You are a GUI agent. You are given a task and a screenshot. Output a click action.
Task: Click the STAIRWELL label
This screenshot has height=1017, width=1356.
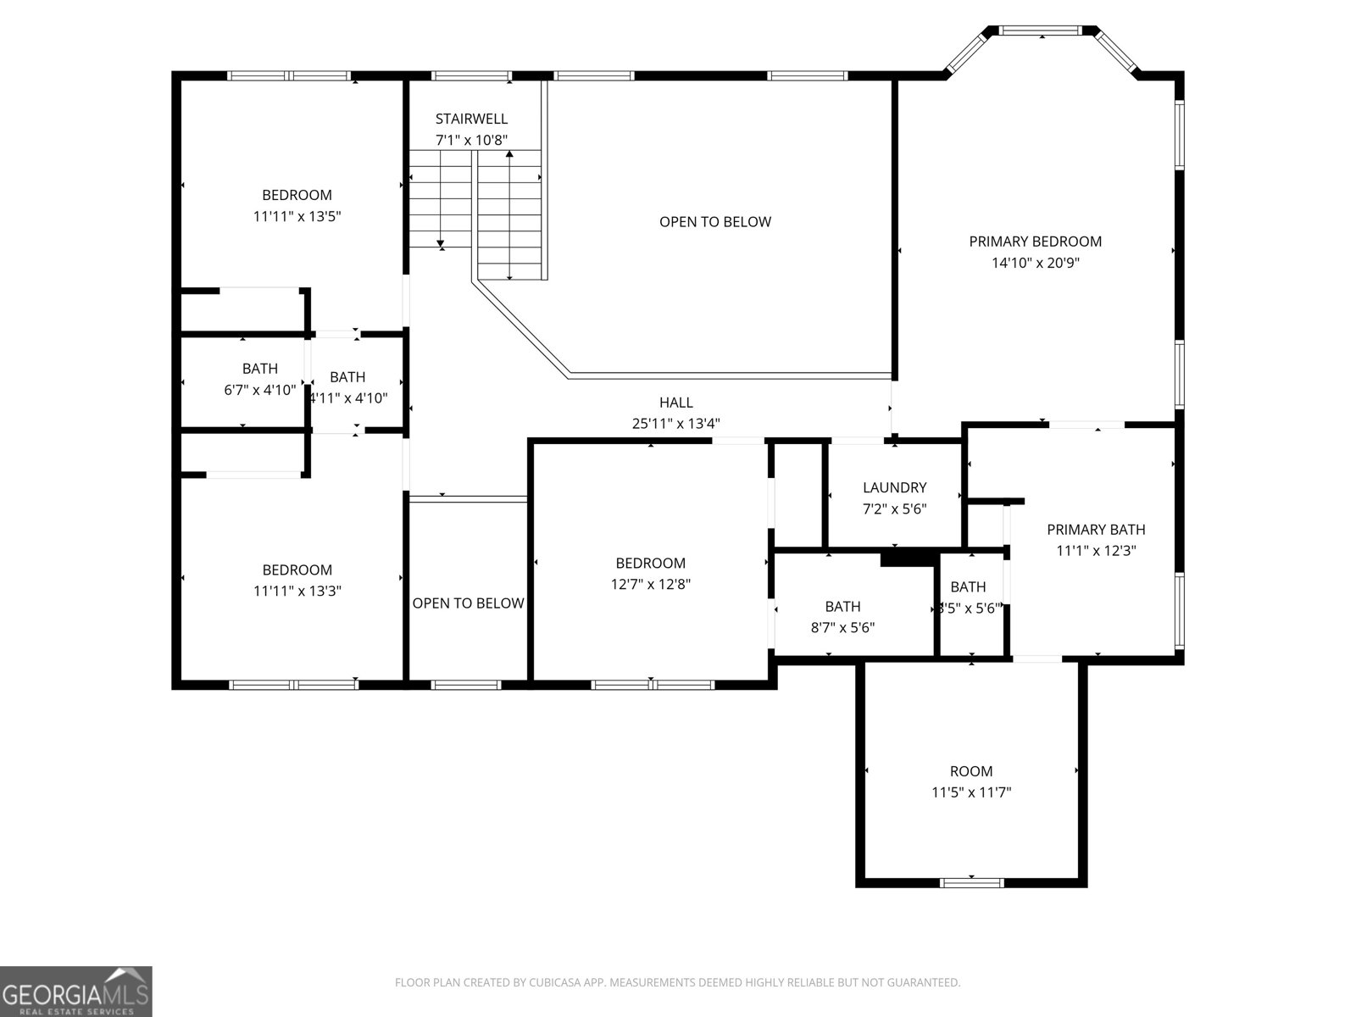(x=471, y=119)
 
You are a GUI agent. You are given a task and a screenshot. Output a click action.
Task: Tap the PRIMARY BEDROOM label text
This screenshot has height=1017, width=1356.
(x=1035, y=242)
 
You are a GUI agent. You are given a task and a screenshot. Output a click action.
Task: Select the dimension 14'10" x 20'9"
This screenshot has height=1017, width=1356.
(x=1035, y=263)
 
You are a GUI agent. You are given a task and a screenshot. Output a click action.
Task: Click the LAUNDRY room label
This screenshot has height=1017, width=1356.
(x=894, y=487)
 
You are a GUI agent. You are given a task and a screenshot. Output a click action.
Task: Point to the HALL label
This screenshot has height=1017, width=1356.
(x=675, y=403)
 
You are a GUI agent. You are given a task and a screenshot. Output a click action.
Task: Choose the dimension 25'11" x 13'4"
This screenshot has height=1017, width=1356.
(x=675, y=424)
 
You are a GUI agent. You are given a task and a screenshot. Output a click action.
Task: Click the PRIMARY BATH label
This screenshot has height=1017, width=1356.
(x=1096, y=530)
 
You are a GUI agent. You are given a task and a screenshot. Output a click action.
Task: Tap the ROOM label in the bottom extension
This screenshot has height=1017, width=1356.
(x=970, y=771)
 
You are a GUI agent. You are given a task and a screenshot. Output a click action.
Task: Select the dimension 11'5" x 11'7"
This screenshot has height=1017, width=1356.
(x=970, y=792)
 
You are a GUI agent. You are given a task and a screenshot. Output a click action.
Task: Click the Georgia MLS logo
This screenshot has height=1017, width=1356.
(x=76, y=991)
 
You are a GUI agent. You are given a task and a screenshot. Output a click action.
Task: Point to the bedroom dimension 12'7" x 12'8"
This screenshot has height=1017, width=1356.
(x=650, y=584)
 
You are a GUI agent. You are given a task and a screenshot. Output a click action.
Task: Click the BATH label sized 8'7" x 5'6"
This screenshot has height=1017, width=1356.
(x=842, y=606)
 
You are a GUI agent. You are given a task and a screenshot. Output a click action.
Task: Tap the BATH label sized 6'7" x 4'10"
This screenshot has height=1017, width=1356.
(x=259, y=369)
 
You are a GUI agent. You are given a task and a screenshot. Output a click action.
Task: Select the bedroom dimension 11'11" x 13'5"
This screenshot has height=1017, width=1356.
(x=297, y=216)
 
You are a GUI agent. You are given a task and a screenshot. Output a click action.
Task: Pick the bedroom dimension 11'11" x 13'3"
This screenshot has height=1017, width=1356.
(x=297, y=591)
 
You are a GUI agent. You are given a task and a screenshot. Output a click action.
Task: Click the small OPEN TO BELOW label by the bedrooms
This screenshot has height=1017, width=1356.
(x=468, y=603)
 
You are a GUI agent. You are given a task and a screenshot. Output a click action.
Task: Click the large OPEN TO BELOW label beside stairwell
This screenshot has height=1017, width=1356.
(x=714, y=222)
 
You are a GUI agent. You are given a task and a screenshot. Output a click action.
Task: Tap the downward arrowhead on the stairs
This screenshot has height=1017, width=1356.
(x=441, y=244)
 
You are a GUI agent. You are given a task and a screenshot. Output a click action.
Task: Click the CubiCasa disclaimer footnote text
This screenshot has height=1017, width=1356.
(x=677, y=982)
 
